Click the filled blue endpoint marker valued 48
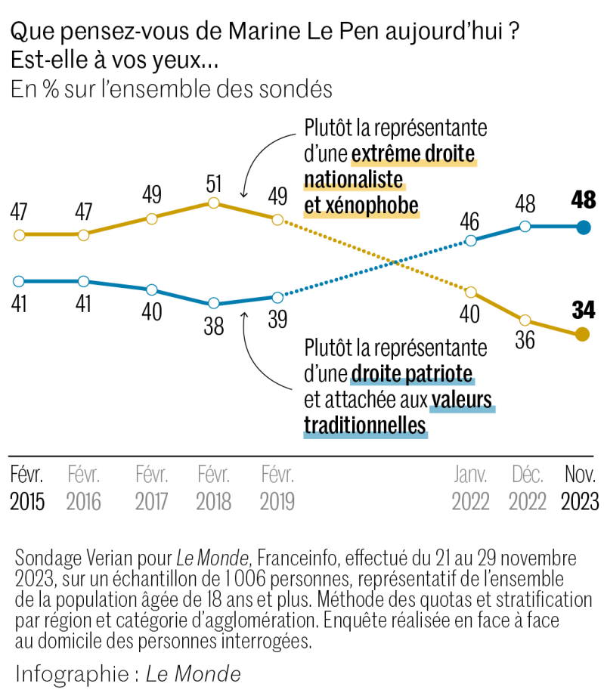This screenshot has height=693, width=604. [582, 227]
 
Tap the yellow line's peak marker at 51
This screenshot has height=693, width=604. [213, 203]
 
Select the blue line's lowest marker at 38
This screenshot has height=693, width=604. [213, 303]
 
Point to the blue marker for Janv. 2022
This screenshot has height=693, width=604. [471, 241]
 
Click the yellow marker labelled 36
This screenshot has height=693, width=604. [525, 320]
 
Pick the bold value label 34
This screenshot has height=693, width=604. [583, 309]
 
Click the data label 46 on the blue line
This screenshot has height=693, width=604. [470, 221]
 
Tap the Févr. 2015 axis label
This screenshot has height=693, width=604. [27, 488]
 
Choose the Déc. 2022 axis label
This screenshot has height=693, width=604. [527, 488]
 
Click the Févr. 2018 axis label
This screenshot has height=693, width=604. [213, 488]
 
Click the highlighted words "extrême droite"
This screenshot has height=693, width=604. [413, 155]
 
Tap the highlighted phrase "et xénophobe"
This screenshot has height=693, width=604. [361, 206]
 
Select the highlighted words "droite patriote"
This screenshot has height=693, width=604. [412, 373]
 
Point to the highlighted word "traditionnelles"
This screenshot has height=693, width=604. [365, 425]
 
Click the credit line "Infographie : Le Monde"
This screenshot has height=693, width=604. [128, 673]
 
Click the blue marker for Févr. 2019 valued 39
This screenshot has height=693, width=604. [277, 296]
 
